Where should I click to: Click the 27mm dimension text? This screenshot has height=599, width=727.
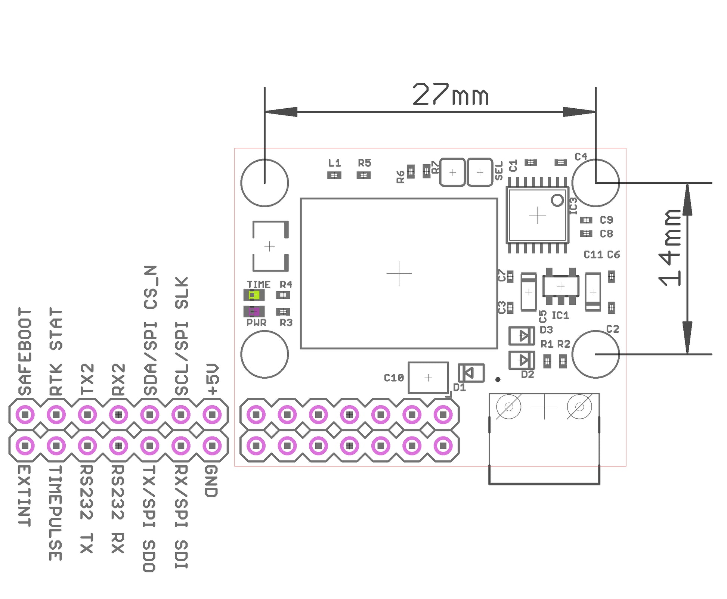(450, 94)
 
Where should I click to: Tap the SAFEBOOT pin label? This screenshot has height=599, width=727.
(25, 351)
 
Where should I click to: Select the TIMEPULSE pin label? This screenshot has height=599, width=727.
(55, 512)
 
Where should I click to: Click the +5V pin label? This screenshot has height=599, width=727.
(212, 379)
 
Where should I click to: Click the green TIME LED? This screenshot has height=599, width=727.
(254, 295)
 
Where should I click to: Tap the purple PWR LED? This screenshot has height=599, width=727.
(254, 311)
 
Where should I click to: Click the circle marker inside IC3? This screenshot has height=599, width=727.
(557, 200)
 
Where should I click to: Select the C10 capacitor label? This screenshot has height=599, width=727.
(394, 378)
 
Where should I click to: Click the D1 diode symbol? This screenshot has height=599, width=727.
(471, 373)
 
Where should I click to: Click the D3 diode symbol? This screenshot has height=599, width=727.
(522, 336)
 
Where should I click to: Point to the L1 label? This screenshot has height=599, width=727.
(334, 163)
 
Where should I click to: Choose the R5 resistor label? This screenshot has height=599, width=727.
(364, 163)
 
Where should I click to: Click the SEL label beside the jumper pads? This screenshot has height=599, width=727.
(499, 171)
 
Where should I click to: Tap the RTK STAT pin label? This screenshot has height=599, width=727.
(56, 351)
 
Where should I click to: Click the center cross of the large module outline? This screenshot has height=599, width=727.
(399, 273)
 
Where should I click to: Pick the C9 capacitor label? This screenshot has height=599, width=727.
(606, 220)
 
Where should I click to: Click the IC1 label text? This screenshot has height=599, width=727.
(560, 316)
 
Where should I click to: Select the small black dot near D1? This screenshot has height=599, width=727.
(498, 379)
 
